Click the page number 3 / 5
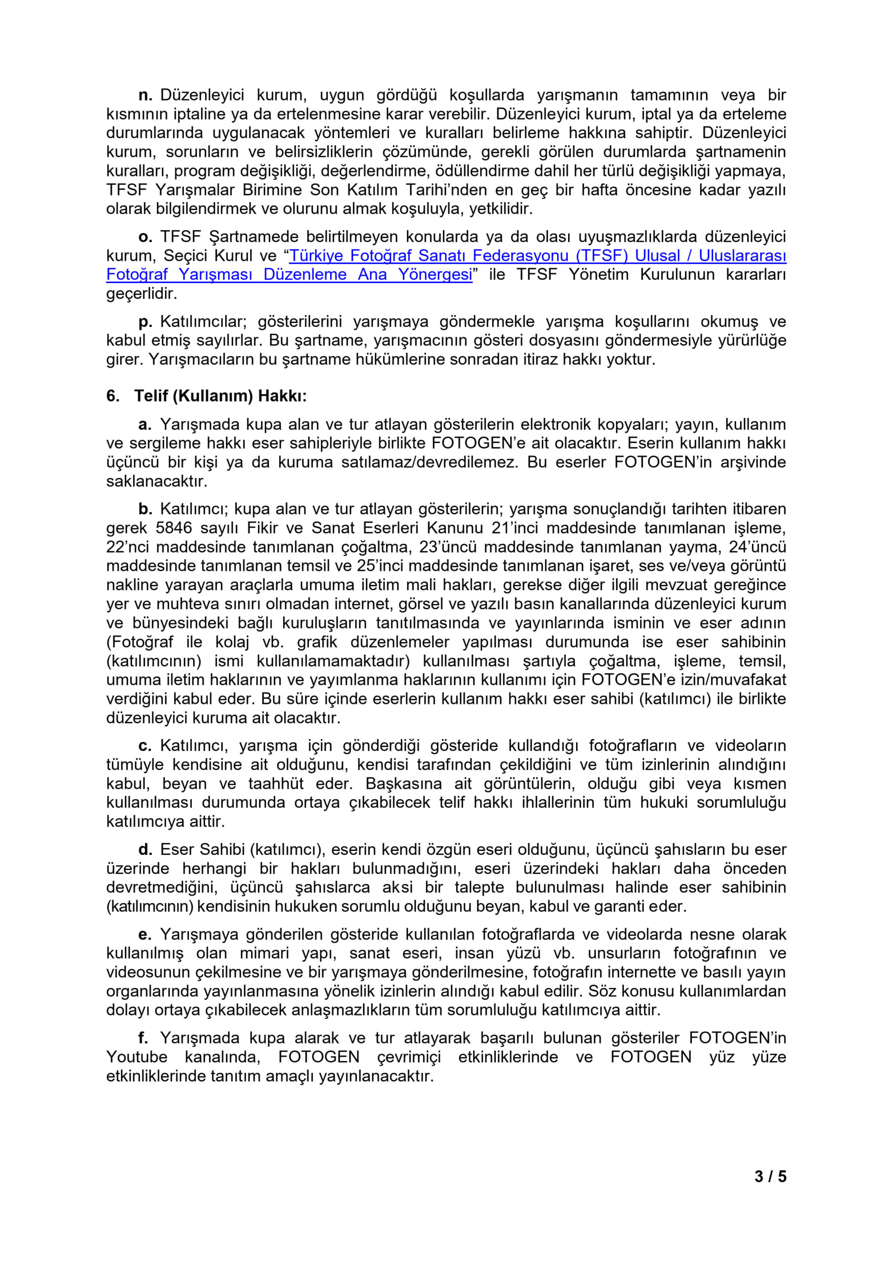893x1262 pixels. pos(770,1176)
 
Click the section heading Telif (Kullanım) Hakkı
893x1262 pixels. pos(220,396)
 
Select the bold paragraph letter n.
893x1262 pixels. pos(144,95)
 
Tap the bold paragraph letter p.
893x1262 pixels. pos(144,322)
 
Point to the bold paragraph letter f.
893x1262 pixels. pos(143,1038)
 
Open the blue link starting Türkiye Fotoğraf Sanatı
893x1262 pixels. pos(537,255)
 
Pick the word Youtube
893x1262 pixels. pos(137,1057)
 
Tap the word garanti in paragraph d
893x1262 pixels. pos(617,907)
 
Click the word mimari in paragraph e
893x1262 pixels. pos(264,953)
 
